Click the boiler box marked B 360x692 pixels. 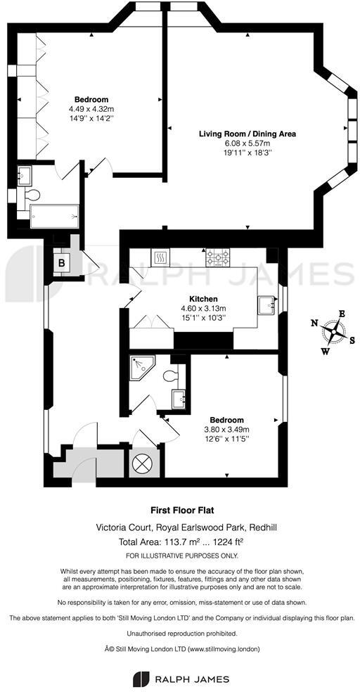[62, 262]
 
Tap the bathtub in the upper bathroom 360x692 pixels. [54, 216]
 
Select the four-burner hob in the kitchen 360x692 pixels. [219, 259]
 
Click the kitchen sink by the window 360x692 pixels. [266, 305]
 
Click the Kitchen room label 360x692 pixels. [203, 299]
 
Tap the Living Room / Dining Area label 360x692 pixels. [247, 134]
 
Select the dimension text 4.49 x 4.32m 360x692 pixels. [91, 109]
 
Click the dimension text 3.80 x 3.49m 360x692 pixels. [226, 430]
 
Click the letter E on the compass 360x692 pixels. [342, 314]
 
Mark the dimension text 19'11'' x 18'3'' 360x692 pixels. [247, 152]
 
